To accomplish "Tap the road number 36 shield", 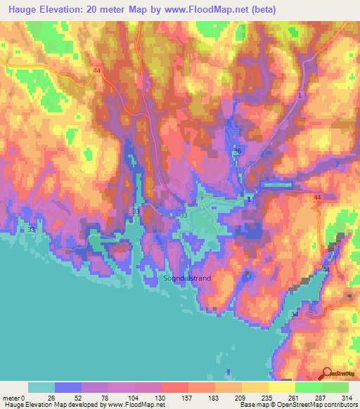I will pyautogui.click(x=237, y=152).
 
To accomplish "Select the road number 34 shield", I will pyautogui.click(x=294, y=315).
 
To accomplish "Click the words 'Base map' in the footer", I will pyautogui.click(x=252, y=405).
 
